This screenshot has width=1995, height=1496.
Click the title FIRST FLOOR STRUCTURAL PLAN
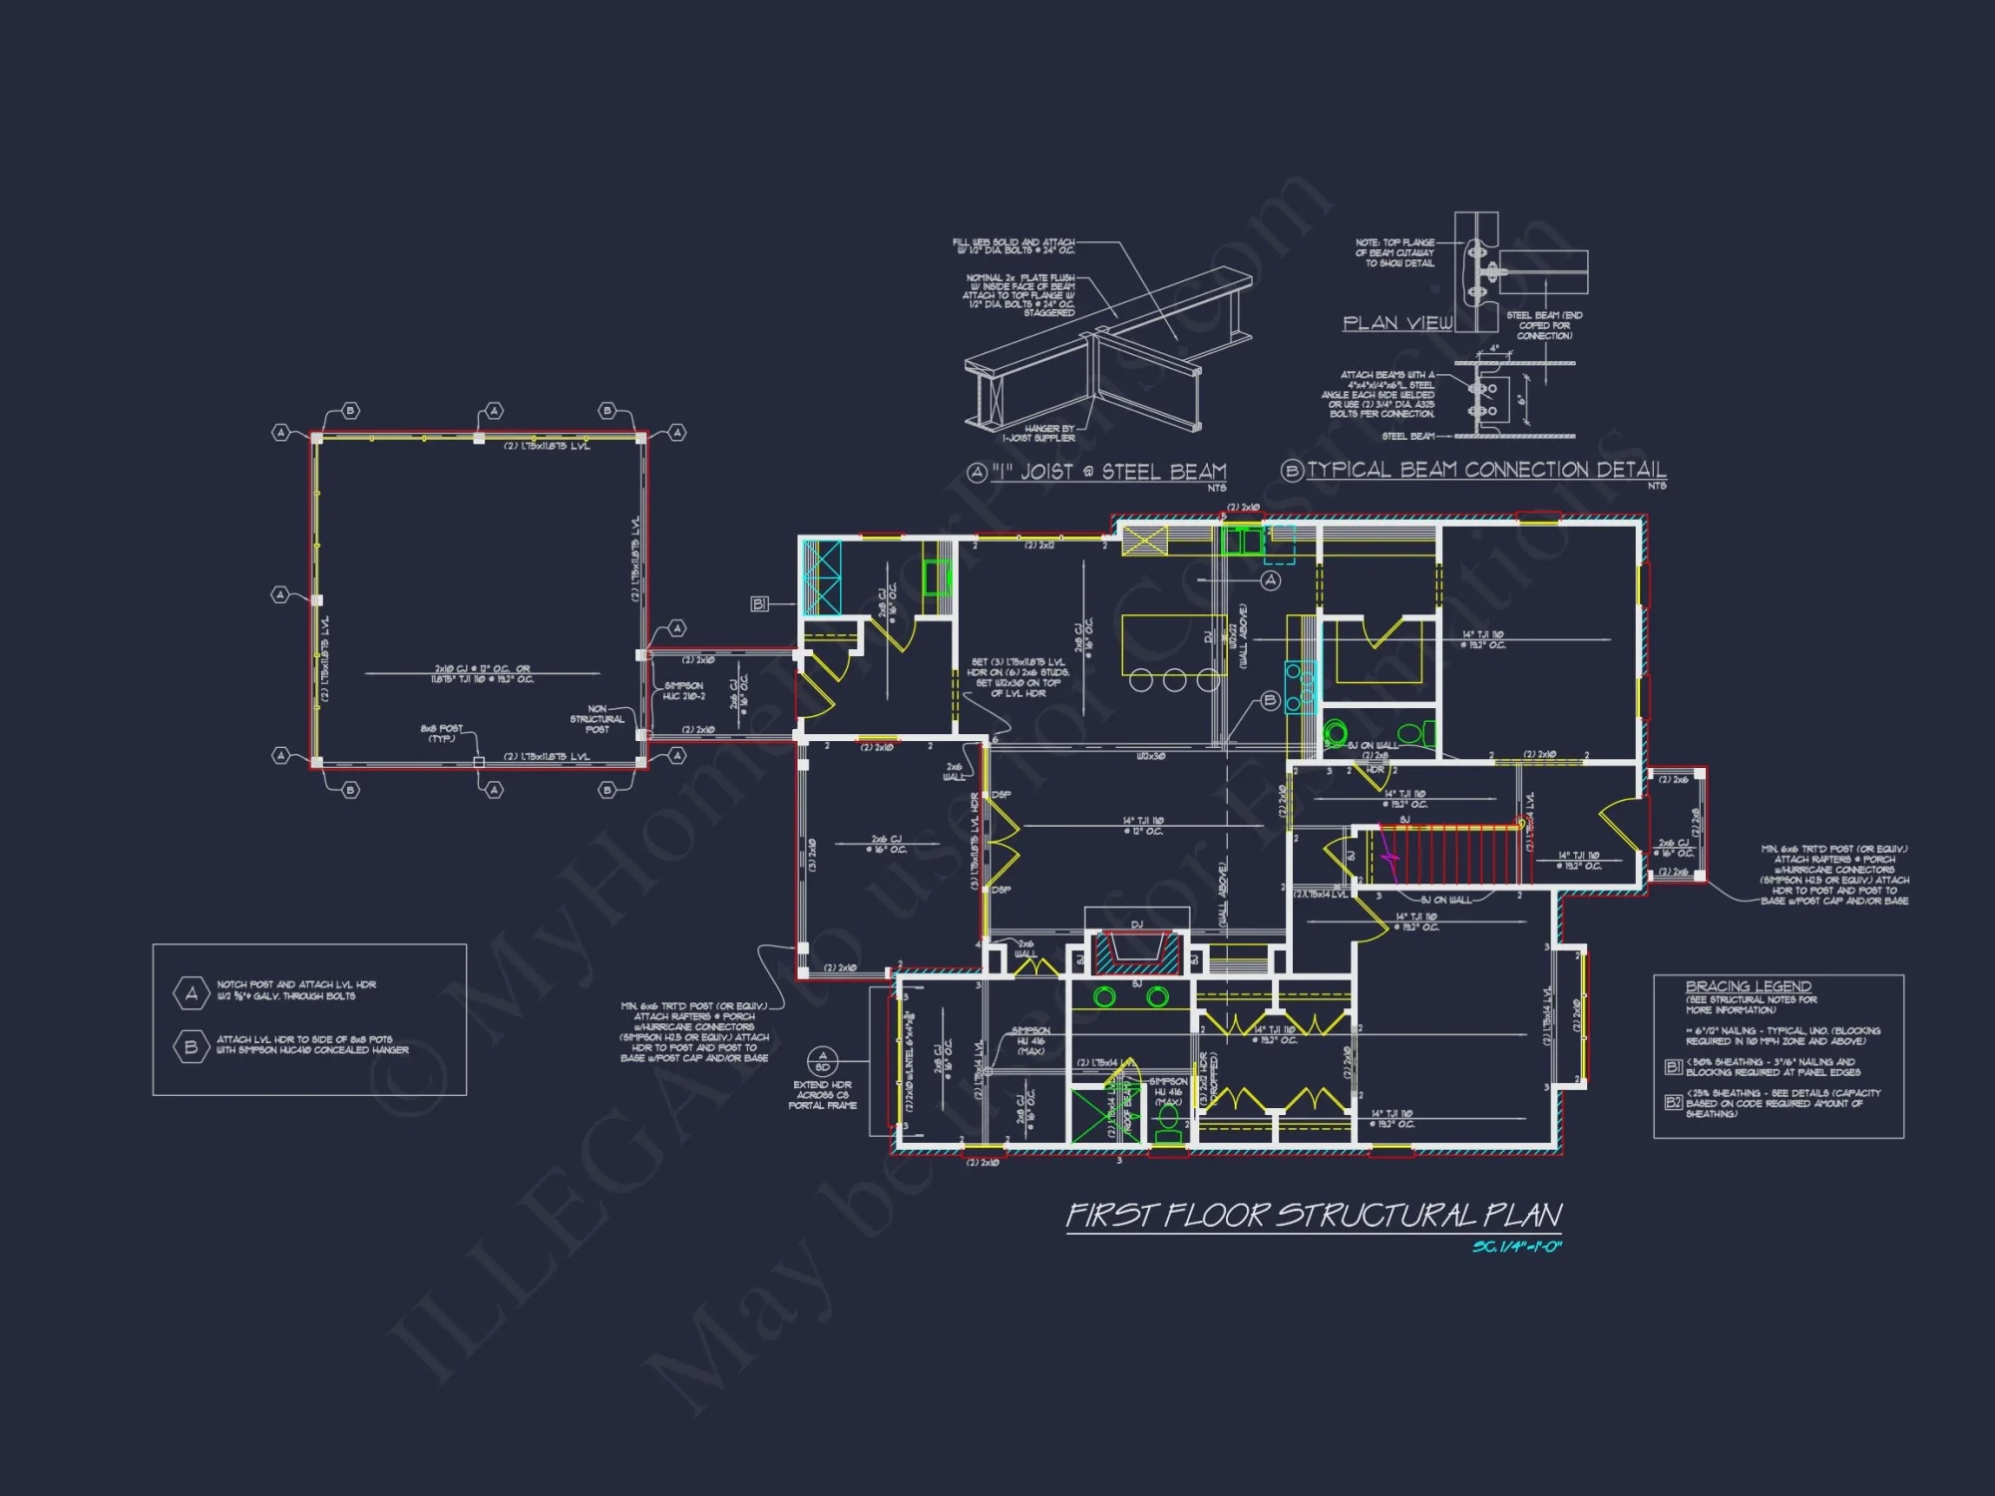click(1314, 1216)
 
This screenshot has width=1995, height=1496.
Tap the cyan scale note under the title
click(1517, 1247)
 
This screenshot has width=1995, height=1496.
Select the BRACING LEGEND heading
click(1748, 986)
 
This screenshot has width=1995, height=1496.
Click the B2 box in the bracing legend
click(1673, 1102)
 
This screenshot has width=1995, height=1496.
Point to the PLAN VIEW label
click(1396, 323)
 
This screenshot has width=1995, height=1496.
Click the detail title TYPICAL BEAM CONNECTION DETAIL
click(1485, 470)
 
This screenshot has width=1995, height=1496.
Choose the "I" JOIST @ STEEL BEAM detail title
click(1108, 472)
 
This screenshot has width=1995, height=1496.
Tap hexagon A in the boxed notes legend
click(191, 992)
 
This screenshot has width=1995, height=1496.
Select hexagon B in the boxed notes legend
click(191, 1046)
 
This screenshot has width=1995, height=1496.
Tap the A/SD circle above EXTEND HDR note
click(822, 1061)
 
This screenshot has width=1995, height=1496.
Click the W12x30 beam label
click(1151, 757)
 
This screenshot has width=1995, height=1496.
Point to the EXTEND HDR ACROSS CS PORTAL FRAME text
click(822, 1095)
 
